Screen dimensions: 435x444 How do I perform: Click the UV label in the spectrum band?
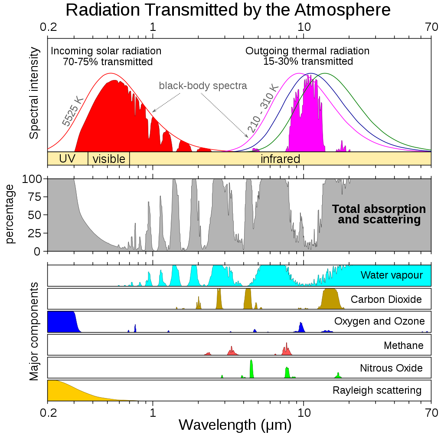(67, 159)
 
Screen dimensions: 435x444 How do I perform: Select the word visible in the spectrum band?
(108, 159)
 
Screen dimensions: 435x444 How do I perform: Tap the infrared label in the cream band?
(280, 159)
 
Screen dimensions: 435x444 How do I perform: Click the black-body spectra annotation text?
(203, 86)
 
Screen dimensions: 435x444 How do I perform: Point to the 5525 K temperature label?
(72, 111)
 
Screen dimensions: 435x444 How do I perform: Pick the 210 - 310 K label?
(263, 109)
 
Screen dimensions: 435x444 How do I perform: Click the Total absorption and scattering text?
(379, 214)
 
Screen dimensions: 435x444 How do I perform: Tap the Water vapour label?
(392, 275)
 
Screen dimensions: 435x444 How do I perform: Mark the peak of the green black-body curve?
(325, 73)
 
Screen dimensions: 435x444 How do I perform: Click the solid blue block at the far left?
(61, 322)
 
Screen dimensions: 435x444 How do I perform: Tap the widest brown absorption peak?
(332, 299)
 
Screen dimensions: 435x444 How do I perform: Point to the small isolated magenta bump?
(343, 146)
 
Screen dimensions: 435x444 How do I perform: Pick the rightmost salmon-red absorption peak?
(287, 349)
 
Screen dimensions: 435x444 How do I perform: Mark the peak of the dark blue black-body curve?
(311, 73)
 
